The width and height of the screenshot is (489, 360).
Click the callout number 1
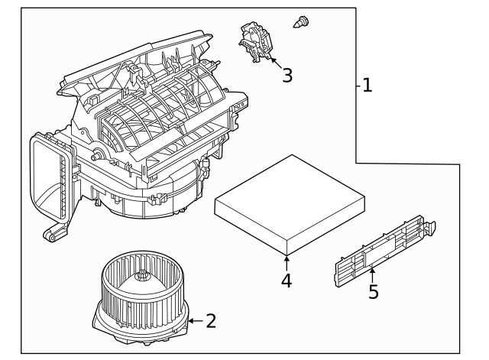[368, 85]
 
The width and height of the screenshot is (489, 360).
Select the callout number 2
[211, 321]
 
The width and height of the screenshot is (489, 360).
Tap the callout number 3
[287, 75]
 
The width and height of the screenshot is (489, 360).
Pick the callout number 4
[287, 281]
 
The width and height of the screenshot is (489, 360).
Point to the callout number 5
[373, 292]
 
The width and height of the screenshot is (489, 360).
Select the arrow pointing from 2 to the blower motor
[194, 321]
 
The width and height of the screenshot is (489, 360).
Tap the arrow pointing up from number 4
[287, 263]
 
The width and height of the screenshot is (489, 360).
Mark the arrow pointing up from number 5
[372, 272]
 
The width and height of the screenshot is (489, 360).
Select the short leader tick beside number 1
[358, 86]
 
